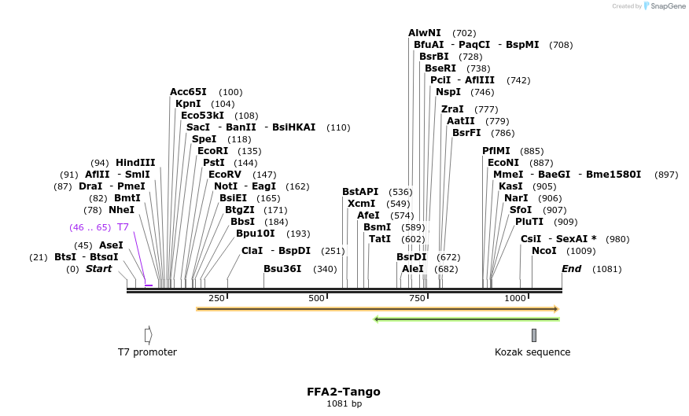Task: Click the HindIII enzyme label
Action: tap(135, 163)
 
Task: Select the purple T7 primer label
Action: tap(123, 227)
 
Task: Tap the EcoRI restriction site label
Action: tap(212, 151)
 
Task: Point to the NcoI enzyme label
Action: tap(543, 251)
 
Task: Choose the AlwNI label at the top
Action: tap(424, 33)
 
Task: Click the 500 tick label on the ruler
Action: tap(317, 298)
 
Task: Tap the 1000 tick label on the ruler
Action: tap(515, 298)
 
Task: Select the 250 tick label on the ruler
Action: tap(217, 298)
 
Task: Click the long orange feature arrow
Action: tap(378, 309)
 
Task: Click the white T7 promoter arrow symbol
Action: tap(148, 335)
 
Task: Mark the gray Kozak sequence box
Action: tap(534, 335)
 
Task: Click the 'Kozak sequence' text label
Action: tap(532, 352)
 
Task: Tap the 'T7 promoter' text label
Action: tap(147, 352)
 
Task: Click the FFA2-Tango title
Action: tap(344, 391)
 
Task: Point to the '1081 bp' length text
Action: tap(344, 404)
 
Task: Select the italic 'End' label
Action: tap(571, 269)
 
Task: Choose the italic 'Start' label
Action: tap(98, 269)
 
